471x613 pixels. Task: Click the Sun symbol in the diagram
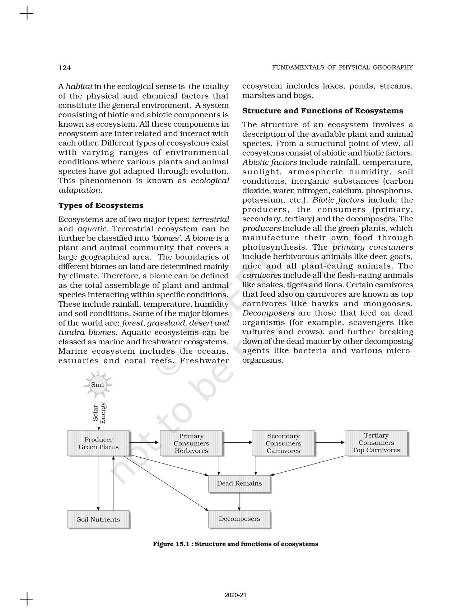(x=97, y=385)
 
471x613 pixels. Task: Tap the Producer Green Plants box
(x=98, y=443)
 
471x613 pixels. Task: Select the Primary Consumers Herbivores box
(x=191, y=443)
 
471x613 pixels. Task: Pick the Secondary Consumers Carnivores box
(x=283, y=443)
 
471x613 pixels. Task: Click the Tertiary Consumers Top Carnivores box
(x=376, y=443)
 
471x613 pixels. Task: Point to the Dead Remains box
(x=239, y=484)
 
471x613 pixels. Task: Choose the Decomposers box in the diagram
(x=239, y=519)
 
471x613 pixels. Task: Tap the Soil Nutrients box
(x=98, y=519)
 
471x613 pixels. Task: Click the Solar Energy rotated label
(x=99, y=413)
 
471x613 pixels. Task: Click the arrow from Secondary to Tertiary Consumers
(x=330, y=442)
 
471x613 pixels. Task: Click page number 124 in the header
(x=65, y=67)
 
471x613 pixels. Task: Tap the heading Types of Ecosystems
(x=101, y=206)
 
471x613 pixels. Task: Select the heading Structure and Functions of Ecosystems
(x=323, y=111)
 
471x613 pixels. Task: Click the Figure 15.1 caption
(x=235, y=544)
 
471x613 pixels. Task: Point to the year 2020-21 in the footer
(x=235, y=595)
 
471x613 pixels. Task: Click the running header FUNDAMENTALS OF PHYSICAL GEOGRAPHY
(x=342, y=67)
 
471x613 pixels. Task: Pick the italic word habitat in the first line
(x=79, y=86)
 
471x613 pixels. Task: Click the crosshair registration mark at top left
(x=26, y=14)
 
